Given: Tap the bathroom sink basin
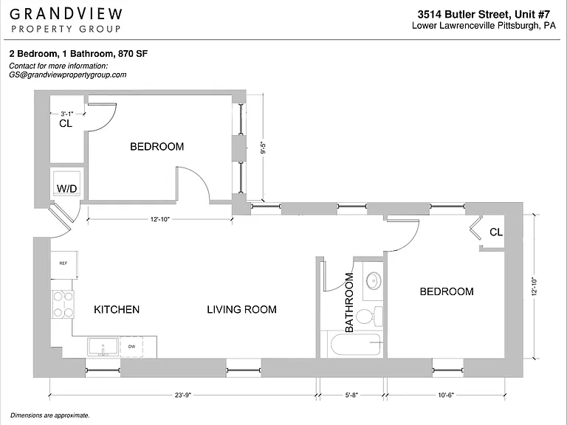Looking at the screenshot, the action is (373, 280).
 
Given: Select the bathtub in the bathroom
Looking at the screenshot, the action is (355, 345).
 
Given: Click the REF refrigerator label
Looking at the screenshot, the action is (63, 263).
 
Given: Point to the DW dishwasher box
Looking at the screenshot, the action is (131, 347).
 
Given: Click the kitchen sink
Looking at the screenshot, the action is (103, 347).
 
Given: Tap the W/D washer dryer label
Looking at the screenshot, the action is (67, 189).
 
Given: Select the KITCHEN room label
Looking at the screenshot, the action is (117, 309).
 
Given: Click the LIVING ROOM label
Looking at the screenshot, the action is (241, 309).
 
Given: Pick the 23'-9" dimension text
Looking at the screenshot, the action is (182, 395).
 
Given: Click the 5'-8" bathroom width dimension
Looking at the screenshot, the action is (351, 395).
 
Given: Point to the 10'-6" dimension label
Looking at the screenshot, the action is (446, 395).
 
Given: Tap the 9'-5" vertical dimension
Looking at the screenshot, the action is (264, 148).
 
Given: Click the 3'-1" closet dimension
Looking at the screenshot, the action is (67, 114).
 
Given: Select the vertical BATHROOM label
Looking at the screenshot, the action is (349, 303).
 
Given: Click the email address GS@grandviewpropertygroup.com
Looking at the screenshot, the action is (68, 75).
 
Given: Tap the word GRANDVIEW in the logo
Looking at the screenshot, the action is (66, 14).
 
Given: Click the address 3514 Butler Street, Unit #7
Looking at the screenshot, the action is (484, 14).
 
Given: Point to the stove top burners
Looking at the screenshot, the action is (63, 304).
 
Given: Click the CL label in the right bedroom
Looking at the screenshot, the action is (496, 232).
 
